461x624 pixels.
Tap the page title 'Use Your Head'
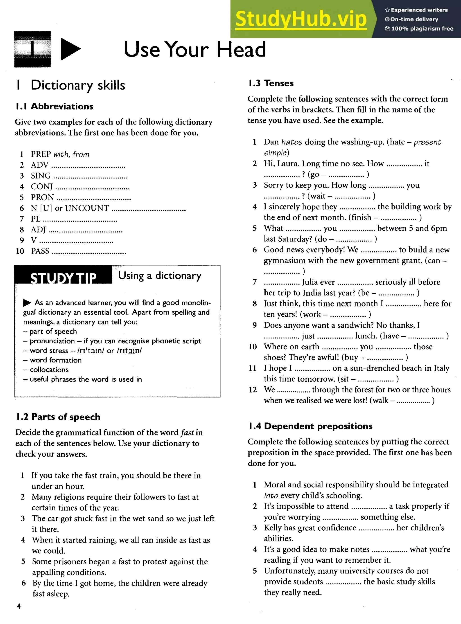click(x=194, y=49)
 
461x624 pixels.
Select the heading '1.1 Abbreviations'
click(x=55, y=106)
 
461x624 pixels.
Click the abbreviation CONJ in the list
click(x=42, y=186)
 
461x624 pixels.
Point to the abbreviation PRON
click(x=42, y=197)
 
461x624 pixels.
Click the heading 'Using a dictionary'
click(x=159, y=276)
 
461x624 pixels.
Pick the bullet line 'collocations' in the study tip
click(x=49, y=369)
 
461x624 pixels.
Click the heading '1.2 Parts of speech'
click(x=58, y=417)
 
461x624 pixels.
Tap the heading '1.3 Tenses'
click(x=271, y=83)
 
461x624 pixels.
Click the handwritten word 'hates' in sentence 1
click(x=292, y=142)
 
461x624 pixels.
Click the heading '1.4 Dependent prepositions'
click(x=310, y=426)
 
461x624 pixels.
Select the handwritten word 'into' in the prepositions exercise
click(x=271, y=496)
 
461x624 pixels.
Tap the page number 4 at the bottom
click(x=19, y=606)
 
